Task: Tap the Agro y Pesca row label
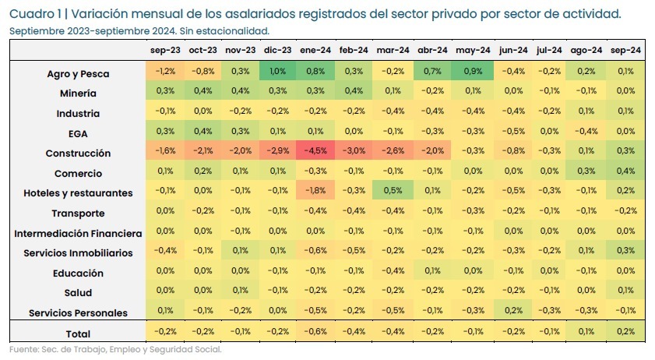[77, 74]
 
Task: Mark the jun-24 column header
[512, 50]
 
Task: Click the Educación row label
[78, 273]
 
